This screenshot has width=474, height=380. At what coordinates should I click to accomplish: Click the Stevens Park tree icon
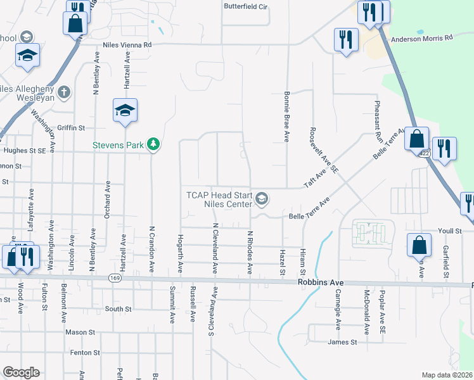click(153, 145)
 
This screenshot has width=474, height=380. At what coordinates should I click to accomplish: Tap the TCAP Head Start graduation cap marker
click(262, 200)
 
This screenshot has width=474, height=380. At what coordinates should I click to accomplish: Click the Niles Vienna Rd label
click(128, 45)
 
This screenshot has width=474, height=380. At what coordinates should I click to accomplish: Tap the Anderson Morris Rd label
click(422, 37)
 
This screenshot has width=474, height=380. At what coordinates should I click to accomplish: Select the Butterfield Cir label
click(247, 6)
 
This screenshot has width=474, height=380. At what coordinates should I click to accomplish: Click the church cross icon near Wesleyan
click(63, 92)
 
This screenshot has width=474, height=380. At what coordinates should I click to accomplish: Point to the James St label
click(342, 342)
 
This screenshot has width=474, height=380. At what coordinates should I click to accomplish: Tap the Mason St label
click(80, 331)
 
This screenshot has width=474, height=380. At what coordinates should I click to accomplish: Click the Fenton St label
click(85, 352)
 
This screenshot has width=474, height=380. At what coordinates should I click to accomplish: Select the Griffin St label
click(71, 128)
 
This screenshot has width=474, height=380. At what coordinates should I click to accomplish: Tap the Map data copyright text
click(447, 375)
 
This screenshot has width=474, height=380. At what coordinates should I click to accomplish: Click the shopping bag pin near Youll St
click(420, 244)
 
